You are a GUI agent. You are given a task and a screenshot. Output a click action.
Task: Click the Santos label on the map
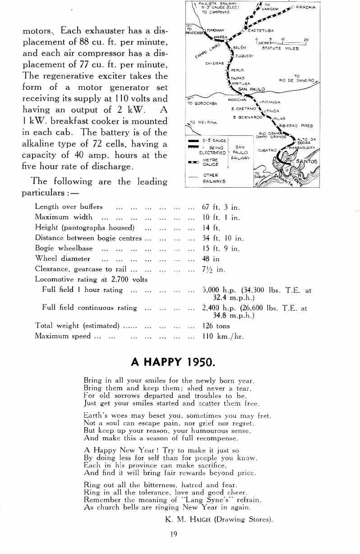(x=306, y=162)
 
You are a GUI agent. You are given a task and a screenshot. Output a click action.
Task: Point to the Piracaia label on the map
(x=305, y=7)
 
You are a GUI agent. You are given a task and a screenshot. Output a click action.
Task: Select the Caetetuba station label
(x=261, y=31)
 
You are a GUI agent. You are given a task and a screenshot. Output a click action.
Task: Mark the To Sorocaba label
(x=202, y=103)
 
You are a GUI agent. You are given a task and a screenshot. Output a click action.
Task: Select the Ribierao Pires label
(x=296, y=126)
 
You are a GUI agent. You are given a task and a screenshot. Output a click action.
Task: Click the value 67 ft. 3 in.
(x=221, y=207)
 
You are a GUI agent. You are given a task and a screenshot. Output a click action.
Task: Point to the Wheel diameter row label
(x=62, y=259)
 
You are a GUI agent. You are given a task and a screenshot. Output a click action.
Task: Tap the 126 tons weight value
(x=216, y=326)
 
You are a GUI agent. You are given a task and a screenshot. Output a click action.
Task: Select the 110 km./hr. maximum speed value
(x=223, y=336)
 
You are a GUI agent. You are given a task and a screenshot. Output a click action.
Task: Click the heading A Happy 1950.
(x=173, y=362)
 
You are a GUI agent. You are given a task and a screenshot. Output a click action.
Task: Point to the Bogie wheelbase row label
(x=64, y=248)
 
